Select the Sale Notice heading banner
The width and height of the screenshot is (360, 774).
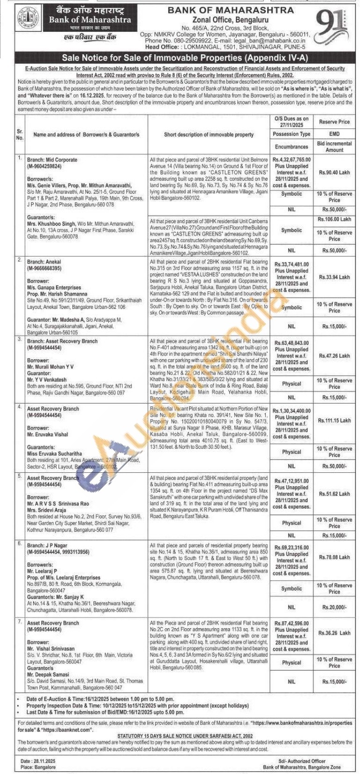click(x=180, y=58)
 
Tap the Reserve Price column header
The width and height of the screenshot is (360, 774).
click(x=334, y=122)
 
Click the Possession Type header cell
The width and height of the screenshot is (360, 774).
click(x=291, y=134)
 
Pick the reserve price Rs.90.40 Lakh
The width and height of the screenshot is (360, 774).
click(x=334, y=172)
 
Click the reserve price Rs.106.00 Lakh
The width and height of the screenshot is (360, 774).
click(x=334, y=219)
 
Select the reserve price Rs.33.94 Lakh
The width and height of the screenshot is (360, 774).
click(x=334, y=277)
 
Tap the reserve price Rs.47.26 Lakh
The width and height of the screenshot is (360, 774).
click(x=334, y=356)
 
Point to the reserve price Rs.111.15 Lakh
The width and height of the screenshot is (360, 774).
click(x=334, y=421)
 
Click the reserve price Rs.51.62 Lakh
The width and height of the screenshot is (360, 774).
click(x=334, y=494)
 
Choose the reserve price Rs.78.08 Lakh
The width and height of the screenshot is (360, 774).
click(x=334, y=557)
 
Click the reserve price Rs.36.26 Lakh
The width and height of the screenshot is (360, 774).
click(x=334, y=633)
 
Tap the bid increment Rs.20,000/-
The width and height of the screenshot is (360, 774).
click(x=334, y=607)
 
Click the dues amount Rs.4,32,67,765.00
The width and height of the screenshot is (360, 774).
click(x=291, y=160)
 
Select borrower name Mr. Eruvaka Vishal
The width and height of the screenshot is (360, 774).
click(x=44, y=434)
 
